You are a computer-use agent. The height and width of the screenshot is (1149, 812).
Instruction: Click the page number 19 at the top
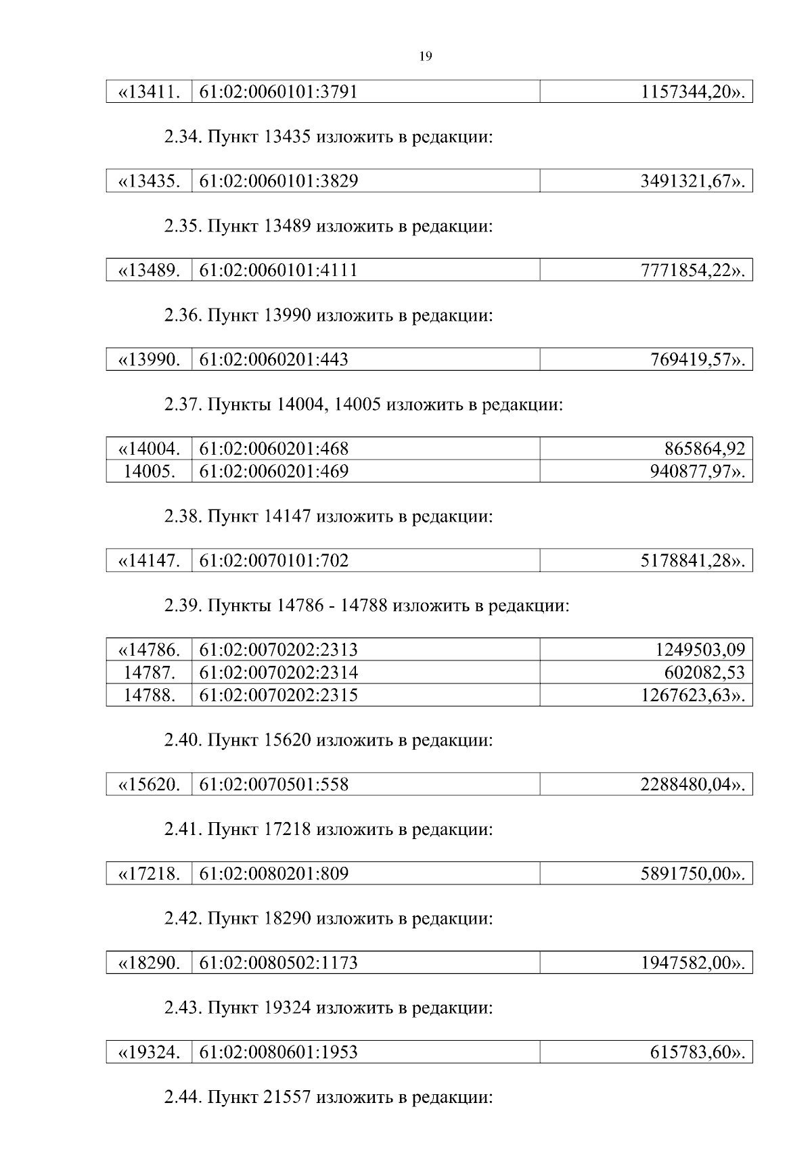(426, 56)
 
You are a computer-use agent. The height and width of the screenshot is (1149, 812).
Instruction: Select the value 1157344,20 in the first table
(686, 92)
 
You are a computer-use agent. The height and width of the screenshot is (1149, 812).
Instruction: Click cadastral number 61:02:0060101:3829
(279, 181)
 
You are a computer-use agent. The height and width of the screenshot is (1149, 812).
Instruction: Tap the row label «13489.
(150, 271)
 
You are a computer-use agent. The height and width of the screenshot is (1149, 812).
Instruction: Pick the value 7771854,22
(686, 271)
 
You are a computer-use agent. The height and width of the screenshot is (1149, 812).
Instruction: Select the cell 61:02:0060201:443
(274, 360)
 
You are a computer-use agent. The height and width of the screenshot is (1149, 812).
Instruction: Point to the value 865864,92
(704, 449)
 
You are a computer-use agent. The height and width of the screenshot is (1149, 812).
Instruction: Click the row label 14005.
(150, 471)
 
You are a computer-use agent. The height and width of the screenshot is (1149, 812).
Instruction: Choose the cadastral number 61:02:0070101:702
(274, 561)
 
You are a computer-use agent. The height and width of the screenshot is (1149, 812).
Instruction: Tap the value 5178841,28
(686, 561)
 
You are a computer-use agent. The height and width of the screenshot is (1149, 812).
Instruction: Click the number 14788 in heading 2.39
(364, 606)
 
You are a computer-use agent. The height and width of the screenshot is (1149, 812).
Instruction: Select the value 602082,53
(704, 673)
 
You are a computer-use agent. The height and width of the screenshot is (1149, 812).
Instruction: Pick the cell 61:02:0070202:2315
(279, 695)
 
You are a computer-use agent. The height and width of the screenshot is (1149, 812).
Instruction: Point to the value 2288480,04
(686, 785)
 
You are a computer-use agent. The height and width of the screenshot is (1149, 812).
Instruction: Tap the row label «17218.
(150, 874)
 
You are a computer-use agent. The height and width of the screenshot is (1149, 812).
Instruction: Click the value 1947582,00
(686, 964)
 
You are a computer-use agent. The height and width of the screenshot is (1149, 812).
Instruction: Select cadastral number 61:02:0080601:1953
(279, 1053)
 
